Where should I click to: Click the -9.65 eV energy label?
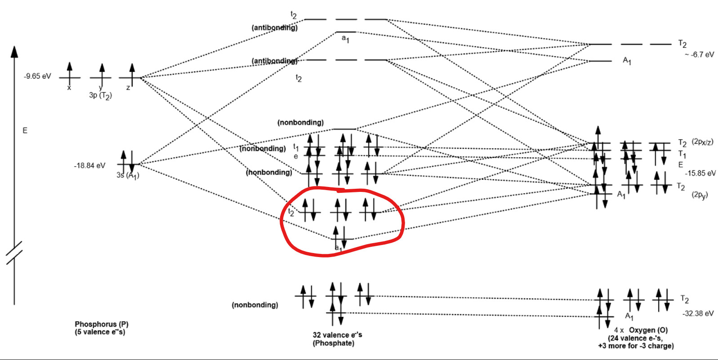click(37, 76)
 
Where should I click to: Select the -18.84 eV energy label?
click(89, 166)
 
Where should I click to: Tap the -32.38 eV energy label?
click(698, 314)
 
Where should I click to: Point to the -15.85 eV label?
click(700, 173)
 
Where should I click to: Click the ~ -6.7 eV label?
click(699, 55)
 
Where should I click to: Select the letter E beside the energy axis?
click(25, 131)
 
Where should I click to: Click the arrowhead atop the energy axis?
click(14, 51)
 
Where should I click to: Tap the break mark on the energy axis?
click(14, 253)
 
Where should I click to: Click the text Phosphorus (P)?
click(102, 324)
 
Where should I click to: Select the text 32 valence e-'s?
click(337, 335)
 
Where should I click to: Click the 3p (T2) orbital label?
click(100, 96)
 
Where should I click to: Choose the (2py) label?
click(700, 195)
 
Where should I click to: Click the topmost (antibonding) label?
click(274, 28)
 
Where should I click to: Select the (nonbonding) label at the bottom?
click(255, 305)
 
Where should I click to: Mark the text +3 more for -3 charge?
click(636, 346)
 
